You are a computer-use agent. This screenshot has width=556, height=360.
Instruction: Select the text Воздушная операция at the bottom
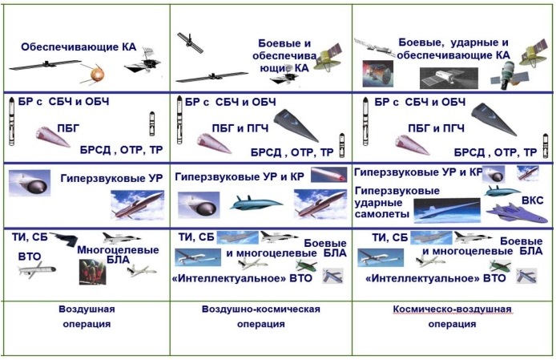click(x=86, y=317)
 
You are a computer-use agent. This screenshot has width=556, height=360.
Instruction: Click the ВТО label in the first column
click(x=30, y=257)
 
